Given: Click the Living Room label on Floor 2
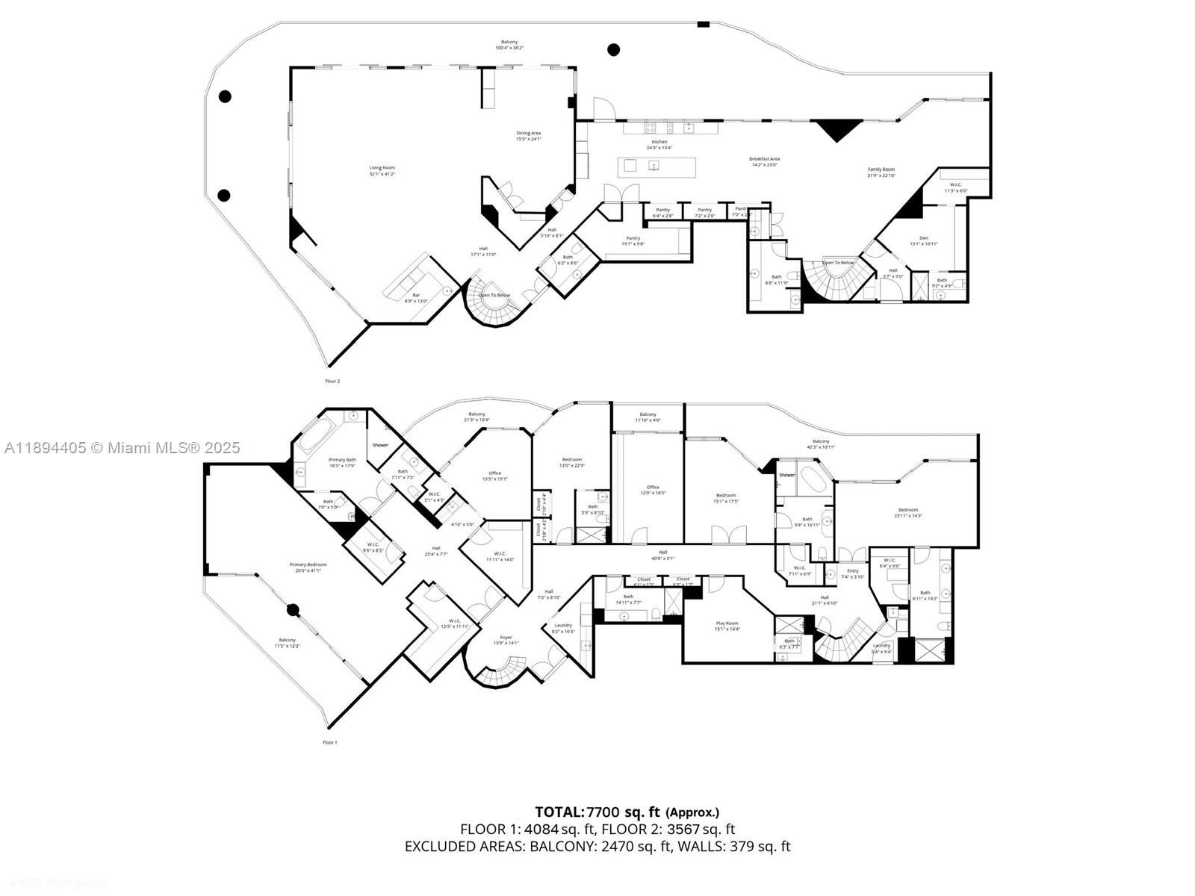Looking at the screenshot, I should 382,170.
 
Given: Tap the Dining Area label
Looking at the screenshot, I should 528,136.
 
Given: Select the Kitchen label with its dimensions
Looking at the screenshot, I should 659,144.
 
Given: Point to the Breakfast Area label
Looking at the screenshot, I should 764,161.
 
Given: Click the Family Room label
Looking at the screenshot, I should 881,172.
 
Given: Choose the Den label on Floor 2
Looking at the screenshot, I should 924,240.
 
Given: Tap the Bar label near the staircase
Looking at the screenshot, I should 416,298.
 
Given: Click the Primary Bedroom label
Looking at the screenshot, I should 308,567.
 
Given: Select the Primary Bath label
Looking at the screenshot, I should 342,463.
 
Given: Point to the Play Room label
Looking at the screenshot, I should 727,626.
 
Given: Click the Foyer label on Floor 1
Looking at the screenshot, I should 506,640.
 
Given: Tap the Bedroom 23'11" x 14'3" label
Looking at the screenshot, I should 908,512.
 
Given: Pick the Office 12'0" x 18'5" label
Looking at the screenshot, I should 654,490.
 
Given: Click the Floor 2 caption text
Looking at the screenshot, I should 332,381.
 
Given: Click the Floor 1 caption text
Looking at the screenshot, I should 329,742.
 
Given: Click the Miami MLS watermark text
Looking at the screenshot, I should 122,448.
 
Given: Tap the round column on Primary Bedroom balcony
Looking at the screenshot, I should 293,610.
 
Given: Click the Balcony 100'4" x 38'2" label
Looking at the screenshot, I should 509,45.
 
